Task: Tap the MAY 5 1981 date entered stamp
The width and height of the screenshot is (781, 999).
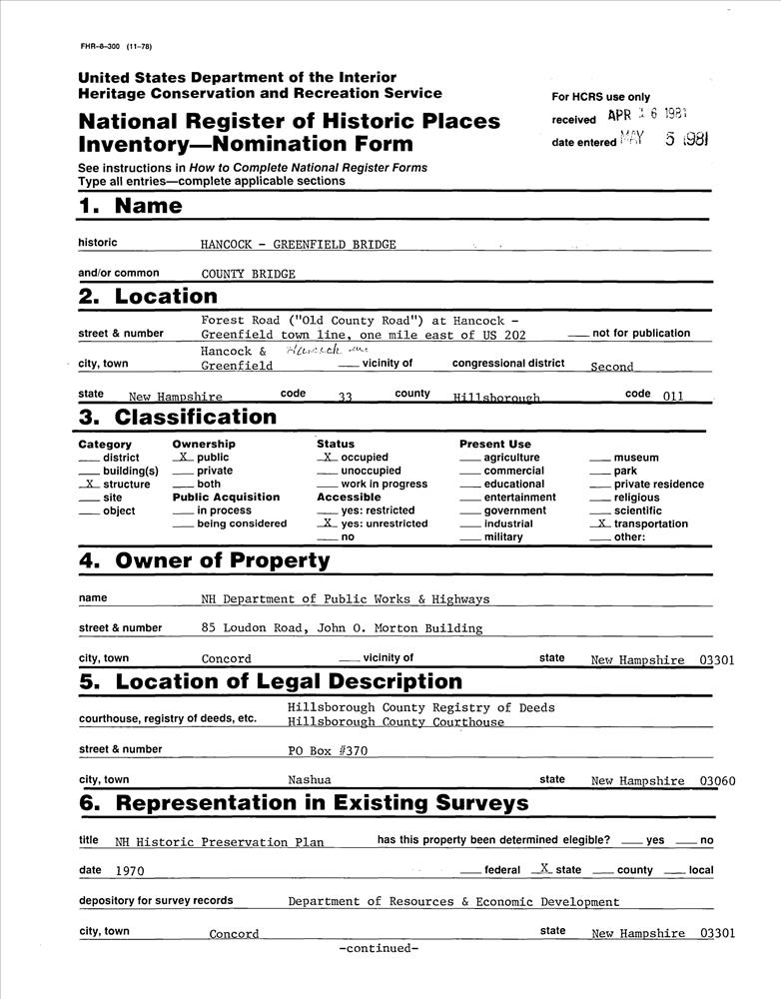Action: click(664, 141)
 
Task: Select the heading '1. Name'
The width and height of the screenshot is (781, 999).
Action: click(130, 207)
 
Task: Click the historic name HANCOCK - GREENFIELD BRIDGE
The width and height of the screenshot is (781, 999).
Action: click(298, 245)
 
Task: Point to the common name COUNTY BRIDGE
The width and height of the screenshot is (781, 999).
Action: click(248, 274)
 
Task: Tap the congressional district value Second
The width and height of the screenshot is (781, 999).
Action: click(611, 367)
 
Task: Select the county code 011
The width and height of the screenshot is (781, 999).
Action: click(672, 396)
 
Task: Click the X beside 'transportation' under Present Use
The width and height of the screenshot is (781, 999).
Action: click(599, 523)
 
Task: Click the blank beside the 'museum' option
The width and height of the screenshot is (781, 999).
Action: click(599, 459)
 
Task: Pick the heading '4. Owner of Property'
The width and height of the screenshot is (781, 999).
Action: click(204, 560)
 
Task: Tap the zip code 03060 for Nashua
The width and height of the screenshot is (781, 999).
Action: click(718, 780)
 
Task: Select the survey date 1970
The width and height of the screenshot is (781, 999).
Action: click(130, 871)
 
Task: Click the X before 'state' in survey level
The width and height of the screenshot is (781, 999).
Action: click(543, 870)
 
